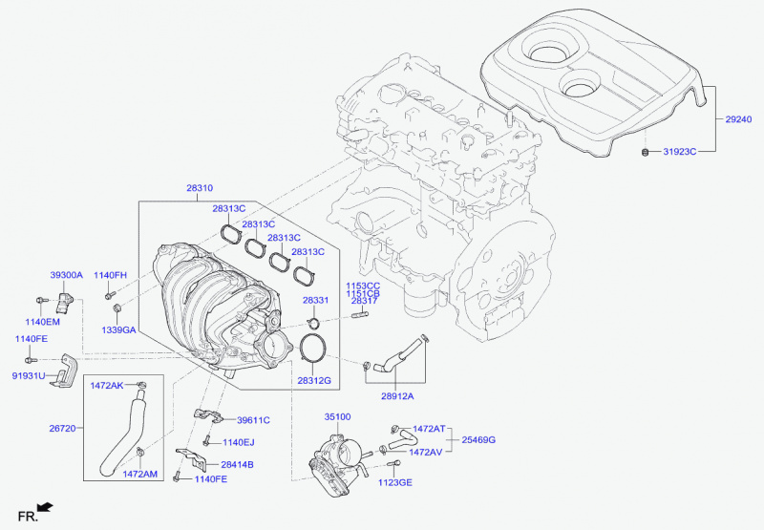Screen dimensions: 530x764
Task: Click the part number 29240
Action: (x=738, y=120)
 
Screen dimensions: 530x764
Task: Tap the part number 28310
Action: (x=202, y=190)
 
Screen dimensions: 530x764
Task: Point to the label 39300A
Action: (x=66, y=275)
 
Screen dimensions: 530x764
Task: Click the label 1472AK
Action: (x=107, y=386)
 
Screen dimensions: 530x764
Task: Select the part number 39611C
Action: (x=253, y=420)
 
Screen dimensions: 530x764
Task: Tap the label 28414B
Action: (x=237, y=465)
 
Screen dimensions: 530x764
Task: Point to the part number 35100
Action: (x=338, y=417)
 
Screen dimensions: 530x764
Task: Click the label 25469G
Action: (x=478, y=440)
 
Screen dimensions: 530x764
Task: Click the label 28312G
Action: (x=313, y=380)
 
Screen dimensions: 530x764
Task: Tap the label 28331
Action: (x=316, y=300)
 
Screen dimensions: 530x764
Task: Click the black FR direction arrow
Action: (x=44, y=507)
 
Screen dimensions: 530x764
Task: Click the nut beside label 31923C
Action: (x=646, y=151)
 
